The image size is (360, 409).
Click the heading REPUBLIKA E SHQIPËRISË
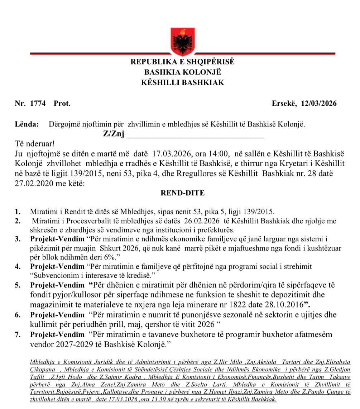click(x=183, y=62)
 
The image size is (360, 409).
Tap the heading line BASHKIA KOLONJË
click(x=183, y=72)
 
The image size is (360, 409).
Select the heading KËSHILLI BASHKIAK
click(x=183, y=83)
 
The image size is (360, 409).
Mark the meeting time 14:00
click(x=219, y=154)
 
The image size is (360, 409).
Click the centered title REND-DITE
click(x=183, y=193)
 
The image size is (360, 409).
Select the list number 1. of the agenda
click(x=18, y=211)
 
